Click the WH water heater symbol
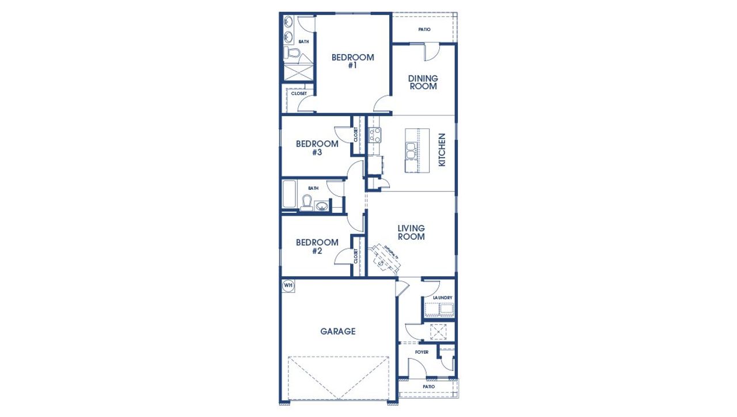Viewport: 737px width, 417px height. [287, 285]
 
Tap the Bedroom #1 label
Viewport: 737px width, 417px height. [352, 61]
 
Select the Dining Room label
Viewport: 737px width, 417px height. [423, 82]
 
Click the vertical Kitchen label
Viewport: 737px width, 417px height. [442, 150]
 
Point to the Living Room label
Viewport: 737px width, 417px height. [411, 232]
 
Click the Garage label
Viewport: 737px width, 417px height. [337, 331]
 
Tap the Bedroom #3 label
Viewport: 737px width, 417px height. [317, 148]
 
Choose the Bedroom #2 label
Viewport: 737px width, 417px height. [317, 246]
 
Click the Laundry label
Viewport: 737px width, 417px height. [439, 297]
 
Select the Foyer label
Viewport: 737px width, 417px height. [421, 352]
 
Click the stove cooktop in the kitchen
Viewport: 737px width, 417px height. [375, 135]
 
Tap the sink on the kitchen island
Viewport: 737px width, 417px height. [412, 151]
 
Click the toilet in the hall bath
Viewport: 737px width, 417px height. [307, 203]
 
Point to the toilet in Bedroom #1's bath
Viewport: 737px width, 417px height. [292, 54]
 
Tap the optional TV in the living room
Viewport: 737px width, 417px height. [384, 257]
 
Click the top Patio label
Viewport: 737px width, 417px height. [424, 29]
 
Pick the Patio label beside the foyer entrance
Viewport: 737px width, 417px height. [429, 387]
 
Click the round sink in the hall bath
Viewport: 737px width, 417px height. [322, 205]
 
